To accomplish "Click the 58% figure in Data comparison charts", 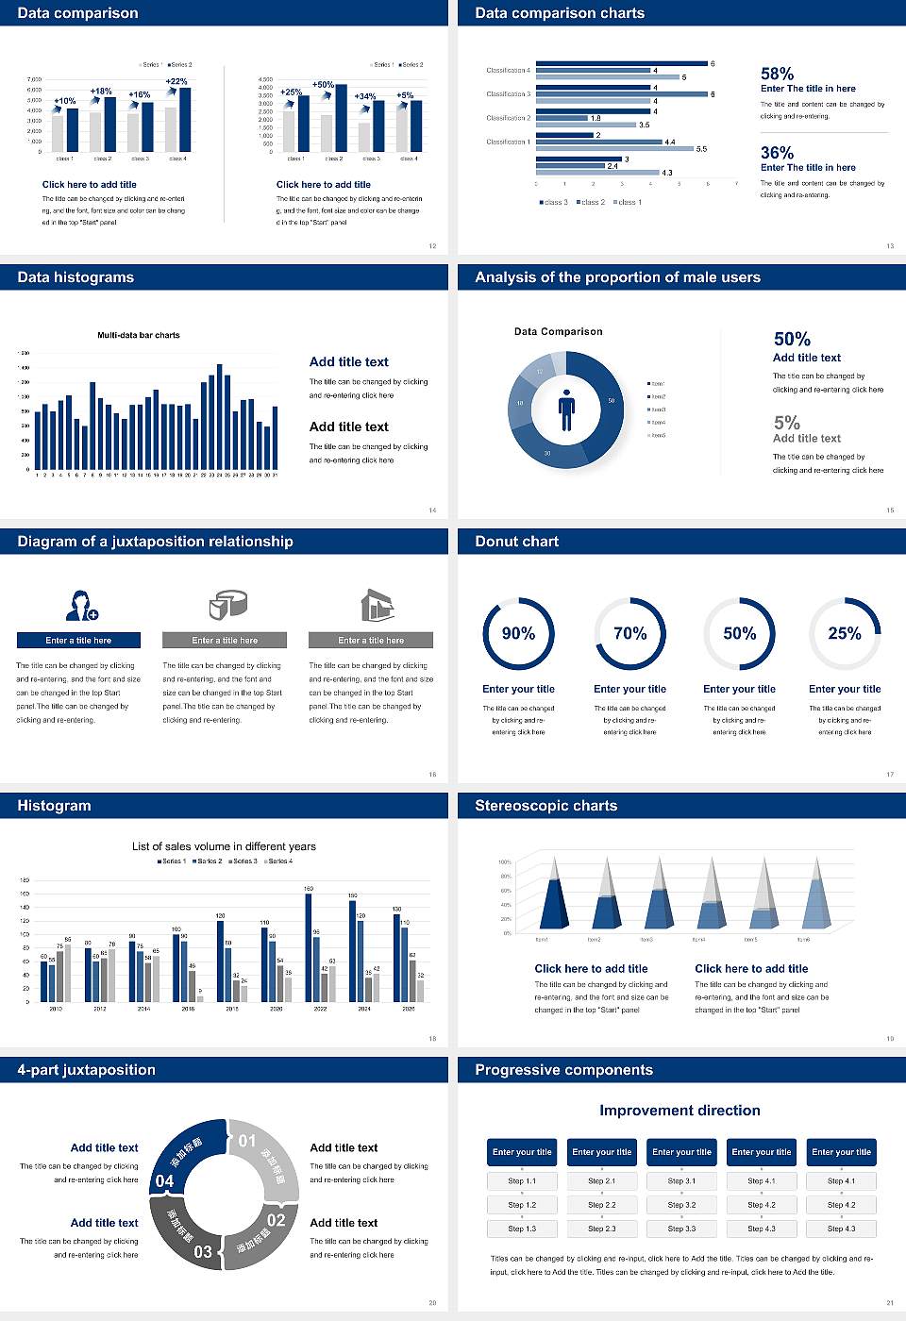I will click(x=777, y=74).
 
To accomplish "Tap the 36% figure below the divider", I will click(x=777, y=153).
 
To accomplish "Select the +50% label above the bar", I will click(x=323, y=85).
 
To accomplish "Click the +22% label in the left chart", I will click(x=176, y=82).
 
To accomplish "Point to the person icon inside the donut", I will click(x=566, y=409).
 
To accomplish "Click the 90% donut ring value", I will click(x=518, y=633).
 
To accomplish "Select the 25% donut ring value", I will click(x=844, y=633).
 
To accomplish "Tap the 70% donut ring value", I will click(x=629, y=633).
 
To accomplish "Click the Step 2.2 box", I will click(x=602, y=1205).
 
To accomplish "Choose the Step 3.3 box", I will click(x=681, y=1229).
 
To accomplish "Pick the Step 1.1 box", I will click(x=522, y=1181).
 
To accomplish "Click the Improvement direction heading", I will click(x=679, y=1111).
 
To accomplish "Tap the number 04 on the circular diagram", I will click(x=164, y=1181).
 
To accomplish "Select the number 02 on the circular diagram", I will click(x=276, y=1220).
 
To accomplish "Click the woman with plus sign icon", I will click(x=81, y=605).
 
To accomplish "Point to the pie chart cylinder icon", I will click(x=226, y=605).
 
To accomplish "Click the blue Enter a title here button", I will click(x=79, y=641).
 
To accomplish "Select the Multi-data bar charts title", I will click(x=139, y=335).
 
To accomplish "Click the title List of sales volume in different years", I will click(x=224, y=846).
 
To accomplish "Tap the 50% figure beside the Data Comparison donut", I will click(x=792, y=339).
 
